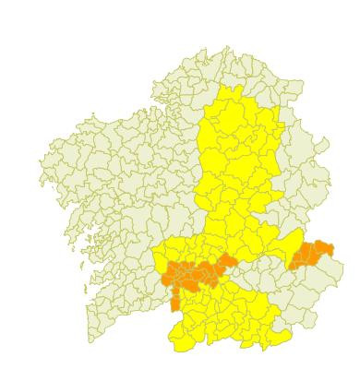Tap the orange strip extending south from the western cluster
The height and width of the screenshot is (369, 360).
pos(175,302)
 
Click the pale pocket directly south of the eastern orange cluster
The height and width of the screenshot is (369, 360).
pos(305,286)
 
